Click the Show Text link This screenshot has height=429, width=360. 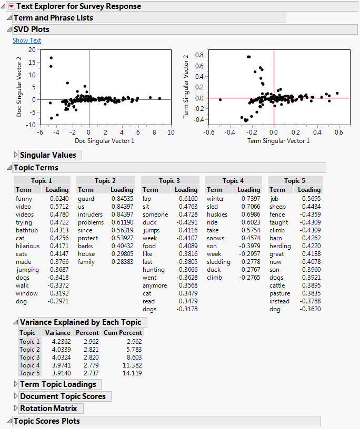click(26, 40)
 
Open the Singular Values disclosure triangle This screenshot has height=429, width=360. click(15, 155)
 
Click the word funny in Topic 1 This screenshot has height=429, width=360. click(24, 199)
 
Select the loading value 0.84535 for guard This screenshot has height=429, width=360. click(122, 199)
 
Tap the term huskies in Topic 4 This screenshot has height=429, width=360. click(217, 214)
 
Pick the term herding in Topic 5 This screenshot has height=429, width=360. click(280, 246)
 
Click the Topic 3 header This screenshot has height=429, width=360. click(169, 180)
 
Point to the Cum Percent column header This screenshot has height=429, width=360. click(123, 333)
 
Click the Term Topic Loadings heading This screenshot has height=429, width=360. click(58, 384)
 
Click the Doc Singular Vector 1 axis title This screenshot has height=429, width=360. click(89, 140)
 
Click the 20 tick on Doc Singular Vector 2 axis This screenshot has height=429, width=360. click(32, 49)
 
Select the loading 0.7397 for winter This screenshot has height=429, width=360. click(250, 199)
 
